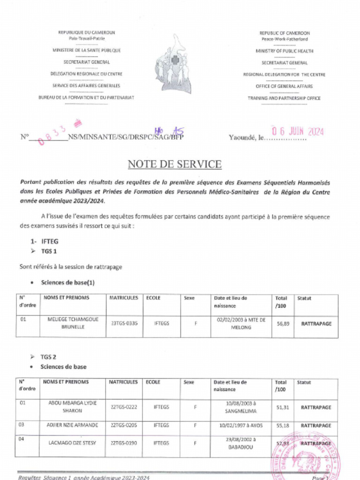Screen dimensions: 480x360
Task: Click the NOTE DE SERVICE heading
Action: point(174,164)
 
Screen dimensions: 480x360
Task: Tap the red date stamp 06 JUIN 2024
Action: point(298,132)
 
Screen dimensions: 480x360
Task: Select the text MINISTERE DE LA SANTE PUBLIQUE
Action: point(86,50)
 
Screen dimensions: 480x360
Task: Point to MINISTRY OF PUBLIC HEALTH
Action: point(285,51)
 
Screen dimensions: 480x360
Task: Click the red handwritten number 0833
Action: point(55,134)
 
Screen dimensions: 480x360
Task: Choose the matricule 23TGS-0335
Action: point(124,323)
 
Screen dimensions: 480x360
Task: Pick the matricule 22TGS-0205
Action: point(124,425)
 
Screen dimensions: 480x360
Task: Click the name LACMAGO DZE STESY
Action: point(73,442)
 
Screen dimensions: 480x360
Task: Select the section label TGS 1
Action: point(49,252)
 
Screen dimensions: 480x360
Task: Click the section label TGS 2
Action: point(49,356)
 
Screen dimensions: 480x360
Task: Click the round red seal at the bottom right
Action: point(300,462)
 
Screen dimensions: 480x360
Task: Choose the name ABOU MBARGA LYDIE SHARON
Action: point(73,406)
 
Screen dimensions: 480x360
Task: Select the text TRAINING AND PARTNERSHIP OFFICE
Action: point(284,98)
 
